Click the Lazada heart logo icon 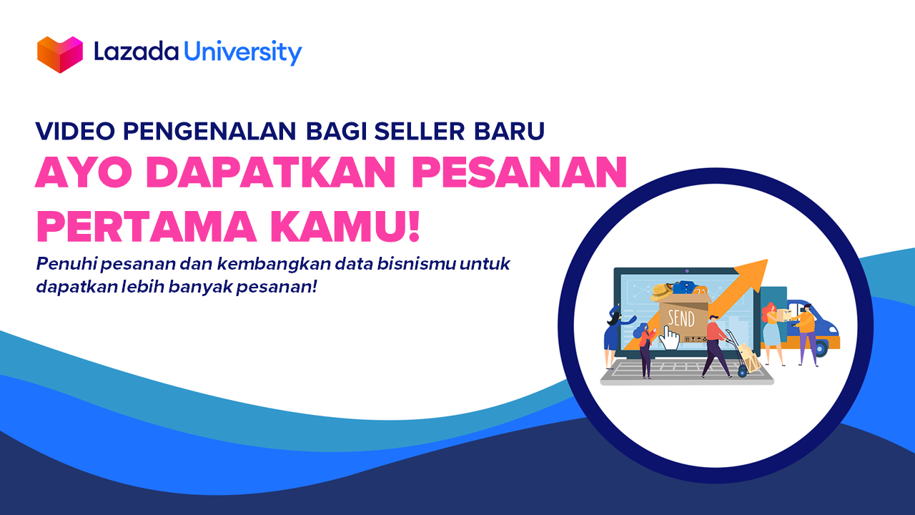coord(60,54)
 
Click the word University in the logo coord(243,52)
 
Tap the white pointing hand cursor coord(669,337)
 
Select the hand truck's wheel coord(742,371)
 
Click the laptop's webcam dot coord(687,272)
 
